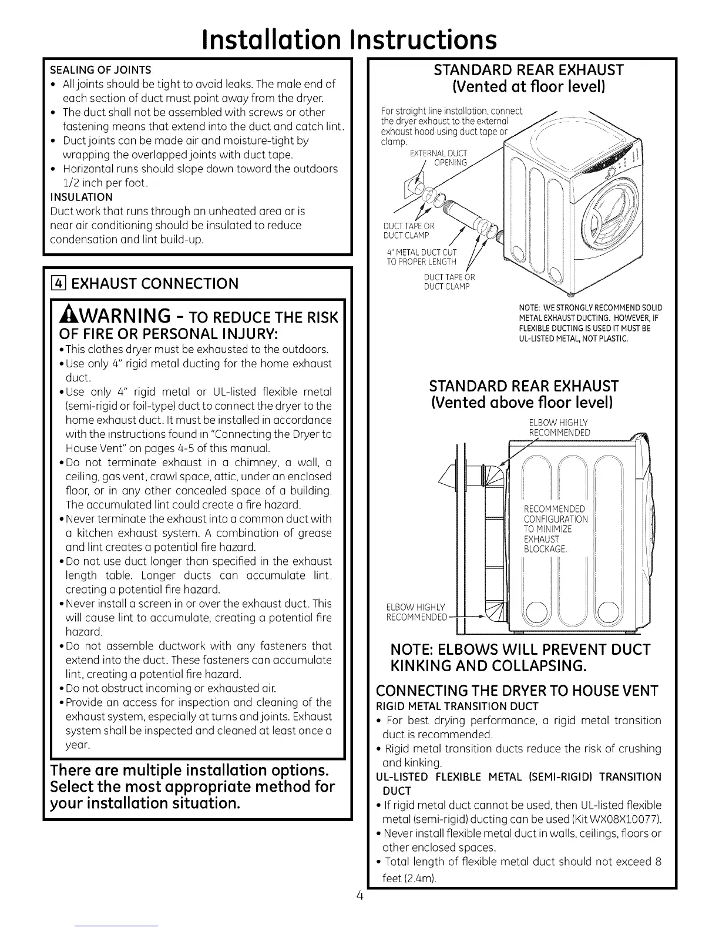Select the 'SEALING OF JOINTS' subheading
[100, 70]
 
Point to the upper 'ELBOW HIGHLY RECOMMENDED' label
[559, 428]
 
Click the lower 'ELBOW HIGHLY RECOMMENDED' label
[416, 612]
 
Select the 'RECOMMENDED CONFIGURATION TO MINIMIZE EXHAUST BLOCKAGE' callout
[555, 528]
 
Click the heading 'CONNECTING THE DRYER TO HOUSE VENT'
[516, 690]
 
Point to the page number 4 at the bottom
[360, 896]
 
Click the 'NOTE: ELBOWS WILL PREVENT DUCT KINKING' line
[520, 649]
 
